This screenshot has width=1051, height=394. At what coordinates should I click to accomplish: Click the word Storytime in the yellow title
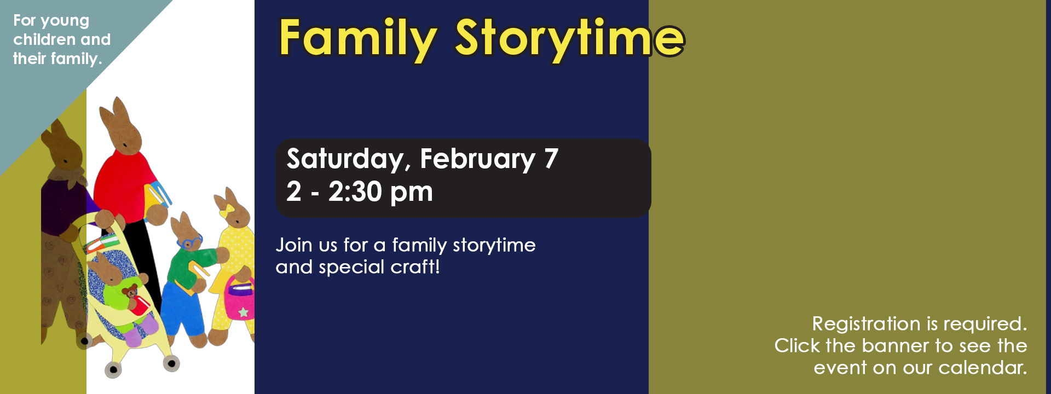(569, 38)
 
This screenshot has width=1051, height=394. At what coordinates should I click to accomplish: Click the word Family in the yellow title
(357, 38)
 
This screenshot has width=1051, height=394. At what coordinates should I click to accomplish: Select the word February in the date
(477, 159)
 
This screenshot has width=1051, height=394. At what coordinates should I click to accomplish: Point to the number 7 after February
(551, 159)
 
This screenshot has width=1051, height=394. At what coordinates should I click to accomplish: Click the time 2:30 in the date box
(355, 192)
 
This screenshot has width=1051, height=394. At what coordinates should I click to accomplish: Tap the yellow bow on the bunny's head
(227, 210)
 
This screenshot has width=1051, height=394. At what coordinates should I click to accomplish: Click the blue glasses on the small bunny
(190, 241)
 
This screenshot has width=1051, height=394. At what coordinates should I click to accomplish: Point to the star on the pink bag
(244, 312)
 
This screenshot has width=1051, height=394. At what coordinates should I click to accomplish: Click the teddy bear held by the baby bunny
(130, 292)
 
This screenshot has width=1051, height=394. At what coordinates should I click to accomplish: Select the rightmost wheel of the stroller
(172, 363)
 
